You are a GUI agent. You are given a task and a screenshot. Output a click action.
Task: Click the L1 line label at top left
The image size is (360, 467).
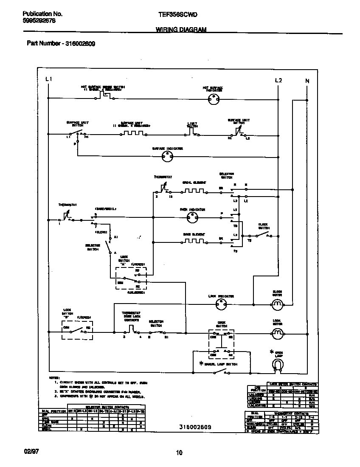48,79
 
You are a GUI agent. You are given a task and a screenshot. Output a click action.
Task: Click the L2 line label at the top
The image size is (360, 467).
278,80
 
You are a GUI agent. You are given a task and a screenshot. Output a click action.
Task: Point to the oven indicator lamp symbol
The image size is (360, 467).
192,217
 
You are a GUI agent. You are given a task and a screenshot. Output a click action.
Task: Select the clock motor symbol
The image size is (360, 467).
277,304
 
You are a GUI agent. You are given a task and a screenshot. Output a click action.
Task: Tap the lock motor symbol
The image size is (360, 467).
277,334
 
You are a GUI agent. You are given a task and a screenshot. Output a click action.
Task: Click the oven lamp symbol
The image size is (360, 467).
277,365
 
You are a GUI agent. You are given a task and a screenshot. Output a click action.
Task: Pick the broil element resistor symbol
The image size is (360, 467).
194,191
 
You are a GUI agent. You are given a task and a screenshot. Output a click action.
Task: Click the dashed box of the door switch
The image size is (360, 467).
221,342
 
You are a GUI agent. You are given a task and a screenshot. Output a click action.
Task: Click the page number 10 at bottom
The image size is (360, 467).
179,453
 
